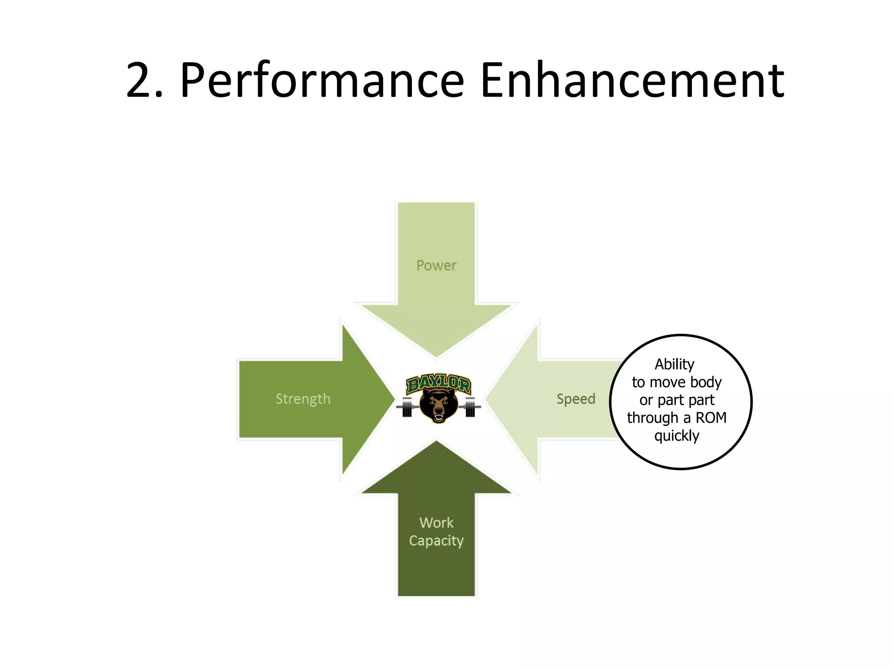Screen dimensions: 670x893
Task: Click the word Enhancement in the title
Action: (x=632, y=81)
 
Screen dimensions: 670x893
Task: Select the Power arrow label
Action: (x=436, y=265)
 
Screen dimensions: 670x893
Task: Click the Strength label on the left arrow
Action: (x=303, y=399)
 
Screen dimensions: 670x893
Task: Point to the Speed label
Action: (x=576, y=399)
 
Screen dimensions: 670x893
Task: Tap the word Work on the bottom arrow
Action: (x=436, y=523)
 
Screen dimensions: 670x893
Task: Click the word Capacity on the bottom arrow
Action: (x=436, y=541)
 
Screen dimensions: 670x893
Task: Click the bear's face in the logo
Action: (x=438, y=405)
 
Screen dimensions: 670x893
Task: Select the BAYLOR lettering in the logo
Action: (x=438, y=384)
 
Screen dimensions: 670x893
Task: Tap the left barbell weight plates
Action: (x=407, y=407)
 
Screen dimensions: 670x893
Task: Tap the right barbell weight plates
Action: (x=470, y=407)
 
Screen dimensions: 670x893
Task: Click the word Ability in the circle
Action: (x=674, y=364)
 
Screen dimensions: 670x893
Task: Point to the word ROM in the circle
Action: (x=711, y=418)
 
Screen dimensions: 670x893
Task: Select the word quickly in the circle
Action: (x=677, y=436)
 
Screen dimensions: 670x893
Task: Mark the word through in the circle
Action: (x=652, y=418)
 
